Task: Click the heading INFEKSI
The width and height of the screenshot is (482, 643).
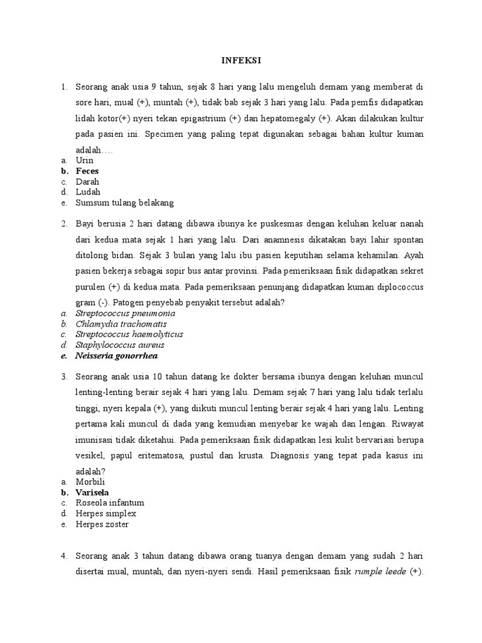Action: [241, 60]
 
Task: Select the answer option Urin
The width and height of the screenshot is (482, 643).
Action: [84, 161]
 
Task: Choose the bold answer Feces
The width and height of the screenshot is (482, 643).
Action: [87, 171]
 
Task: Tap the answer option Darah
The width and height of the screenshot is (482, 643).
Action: [87, 181]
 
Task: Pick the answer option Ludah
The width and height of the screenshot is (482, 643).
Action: [88, 192]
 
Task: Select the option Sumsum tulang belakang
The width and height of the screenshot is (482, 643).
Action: [124, 203]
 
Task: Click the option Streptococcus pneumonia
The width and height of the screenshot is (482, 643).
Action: [126, 313]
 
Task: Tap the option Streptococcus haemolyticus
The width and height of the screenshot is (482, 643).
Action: [129, 334]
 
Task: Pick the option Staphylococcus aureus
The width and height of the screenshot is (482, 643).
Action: [120, 345]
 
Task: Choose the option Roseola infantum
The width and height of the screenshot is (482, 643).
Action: [110, 503]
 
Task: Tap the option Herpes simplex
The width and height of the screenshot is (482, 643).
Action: [105, 514]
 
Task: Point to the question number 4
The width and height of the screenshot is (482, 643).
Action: [64, 556]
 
